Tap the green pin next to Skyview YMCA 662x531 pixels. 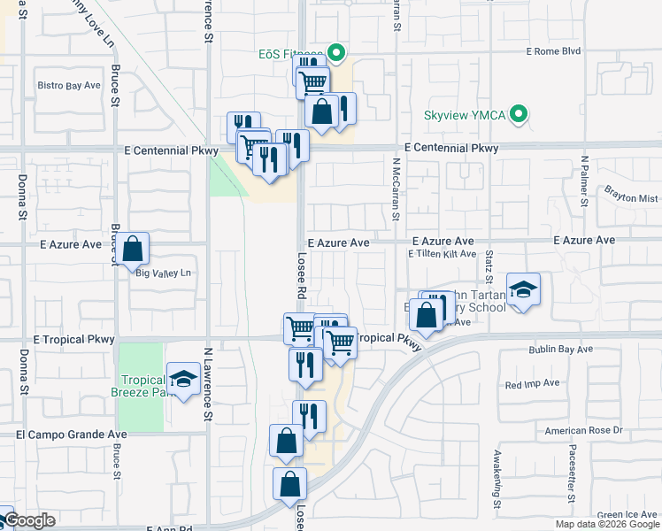[x=521, y=114]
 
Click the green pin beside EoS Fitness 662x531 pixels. [x=335, y=52]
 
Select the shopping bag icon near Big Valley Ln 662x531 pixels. [x=133, y=250]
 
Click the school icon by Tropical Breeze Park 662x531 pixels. [x=184, y=380]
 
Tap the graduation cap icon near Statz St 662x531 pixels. [x=523, y=289]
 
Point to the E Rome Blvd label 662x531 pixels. [x=553, y=51]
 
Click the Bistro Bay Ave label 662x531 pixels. [x=68, y=86]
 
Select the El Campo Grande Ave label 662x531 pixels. [x=71, y=435]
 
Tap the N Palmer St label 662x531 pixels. [x=584, y=181]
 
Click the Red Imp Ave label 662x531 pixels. [x=533, y=384]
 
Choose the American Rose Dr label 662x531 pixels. [x=584, y=431]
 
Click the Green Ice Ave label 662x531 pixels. [x=627, y=514]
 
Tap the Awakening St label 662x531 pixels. [x=498, y=479]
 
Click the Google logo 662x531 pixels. [x=29, y=520]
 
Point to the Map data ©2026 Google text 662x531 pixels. [x=606, y=524]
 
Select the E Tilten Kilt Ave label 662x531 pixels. [x=442, y=254]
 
